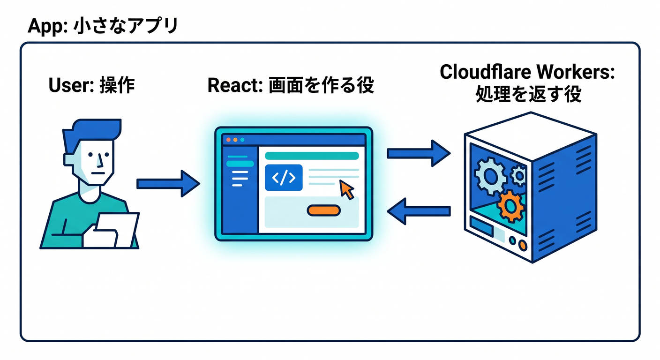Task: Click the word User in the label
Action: (x=71, y=85)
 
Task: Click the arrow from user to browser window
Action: (x=168, y=184)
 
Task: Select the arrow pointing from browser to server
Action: (x=419, y=153)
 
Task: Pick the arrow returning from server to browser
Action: (x=419, y=211)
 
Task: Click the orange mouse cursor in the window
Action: (x=347, y=190)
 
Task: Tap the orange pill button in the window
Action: (x=324, y=210)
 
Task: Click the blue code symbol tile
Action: (x=284, y=178)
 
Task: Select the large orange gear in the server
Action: (x=511, y=206)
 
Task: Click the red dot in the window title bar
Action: (x=228, y=140)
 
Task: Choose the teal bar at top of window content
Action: (x=312, y=156)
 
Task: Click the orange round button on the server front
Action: (x=522, y=245)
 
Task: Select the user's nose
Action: (x=100, y=161)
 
